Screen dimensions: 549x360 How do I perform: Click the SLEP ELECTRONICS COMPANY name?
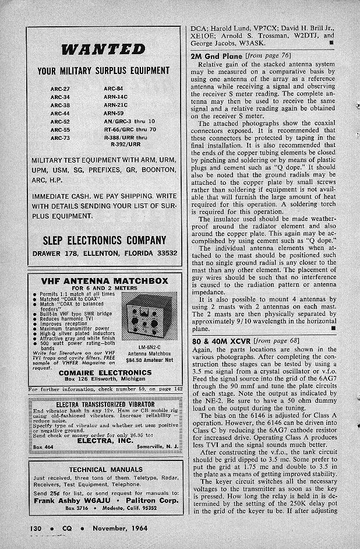point(104,240)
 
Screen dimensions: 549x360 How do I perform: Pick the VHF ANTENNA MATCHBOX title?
point(105,281)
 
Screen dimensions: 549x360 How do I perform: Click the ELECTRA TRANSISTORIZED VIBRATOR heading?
point(105,403)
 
